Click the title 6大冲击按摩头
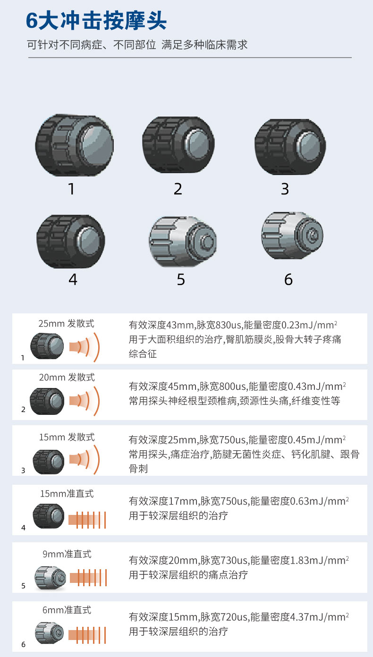(x=96, y=21)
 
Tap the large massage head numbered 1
(x=75, y=145)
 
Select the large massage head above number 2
(x=178, y=144)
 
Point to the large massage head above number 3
(x=290, y=147)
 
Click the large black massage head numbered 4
(x=71, y=241)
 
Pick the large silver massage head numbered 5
(x=183, y=242)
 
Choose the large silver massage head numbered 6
(x=292, y=236)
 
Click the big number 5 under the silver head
(x=181, y=279)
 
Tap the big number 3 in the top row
(x=285, y=189)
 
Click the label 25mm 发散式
(x=66, y=323)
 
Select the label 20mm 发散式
(x=67, y=377)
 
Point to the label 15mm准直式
(x=67, y=494)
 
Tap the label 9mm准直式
(x=67, y=554)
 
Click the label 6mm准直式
(x=67, y=610)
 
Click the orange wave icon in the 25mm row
(x=85, y=347)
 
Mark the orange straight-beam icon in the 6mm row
(x=87, y=635)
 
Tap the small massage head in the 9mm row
(x=51, y=578)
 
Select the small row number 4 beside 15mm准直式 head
(x=24, y=528)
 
